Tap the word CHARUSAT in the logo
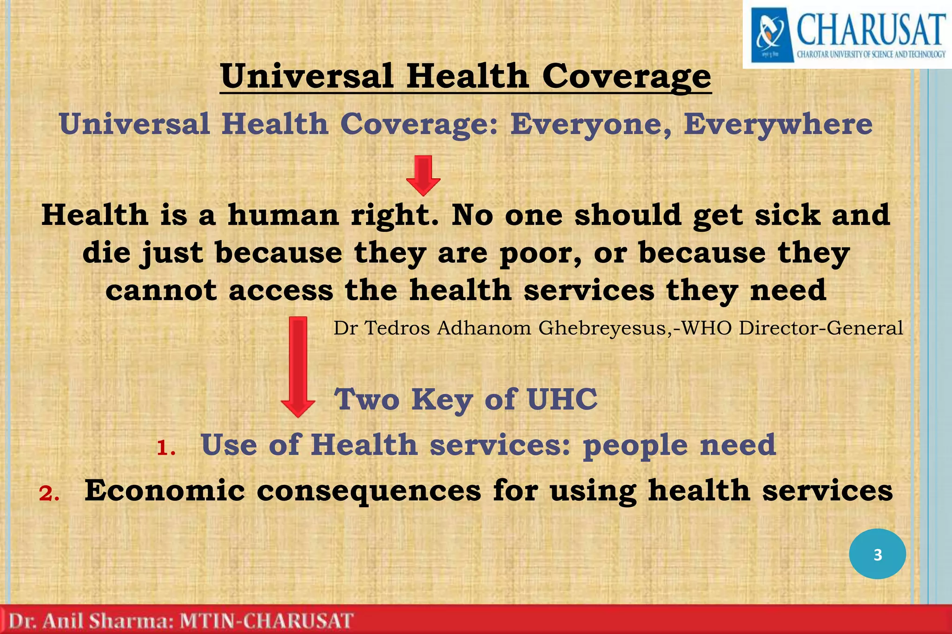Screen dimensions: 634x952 (x=871, y=29)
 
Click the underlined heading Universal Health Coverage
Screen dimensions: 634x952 (x=465, y=76)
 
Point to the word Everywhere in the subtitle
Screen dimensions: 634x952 (x=778, y=124)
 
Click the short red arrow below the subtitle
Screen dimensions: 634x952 (x=423, y=175)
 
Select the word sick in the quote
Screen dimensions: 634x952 (x=787, y=216)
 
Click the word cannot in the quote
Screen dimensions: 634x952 (x=161, y=291)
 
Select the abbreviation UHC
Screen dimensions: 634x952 (x=562, y=399)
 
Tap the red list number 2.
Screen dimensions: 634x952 (x=49, y=494)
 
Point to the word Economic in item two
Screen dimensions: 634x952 (x=165, y=490)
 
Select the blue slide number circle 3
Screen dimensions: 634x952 (x=877, y=554)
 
